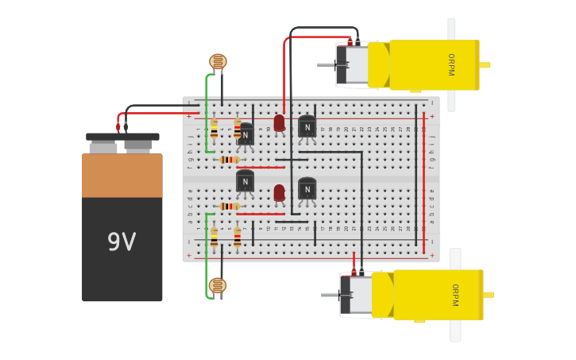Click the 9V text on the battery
click(x=122, y=242)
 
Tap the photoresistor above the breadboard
click(x=218, y=61)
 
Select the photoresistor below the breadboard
click(x=218, y=285)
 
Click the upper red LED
click(x=279, y=122)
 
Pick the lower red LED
click(x=279, y=192)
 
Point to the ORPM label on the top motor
click(x=450, y=65)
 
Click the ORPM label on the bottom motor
click(x=454, y=295)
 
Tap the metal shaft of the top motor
click(x=327, y=64)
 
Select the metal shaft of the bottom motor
click(x=330, y=295)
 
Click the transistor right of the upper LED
click(x=307, y=126)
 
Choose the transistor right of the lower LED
click(x=307, y=188)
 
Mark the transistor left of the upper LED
click(x=245, y=134)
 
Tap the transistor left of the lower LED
click(x=245, y=181)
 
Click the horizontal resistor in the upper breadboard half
click(x=230, y=160)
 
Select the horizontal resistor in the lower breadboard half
click(x=230, y=207)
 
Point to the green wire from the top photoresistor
click(x=207, y=111)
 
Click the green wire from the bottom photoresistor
click(x=207, y=254)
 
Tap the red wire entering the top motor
click(x=284, y=72)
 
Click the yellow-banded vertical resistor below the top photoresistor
click(x=214, y=129)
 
